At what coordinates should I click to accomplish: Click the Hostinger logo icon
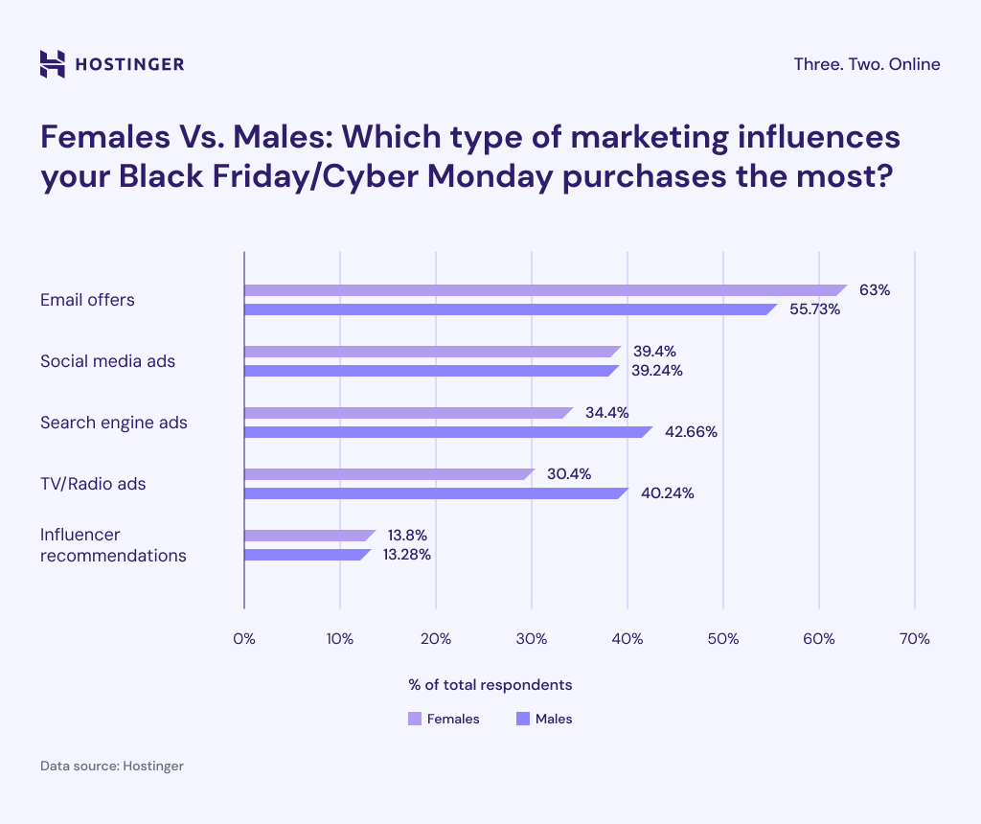[53, 64]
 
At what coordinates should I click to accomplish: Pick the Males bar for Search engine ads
[447, 432]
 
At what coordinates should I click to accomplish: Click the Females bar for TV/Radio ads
[388, 474]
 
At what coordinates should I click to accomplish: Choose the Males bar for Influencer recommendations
[307, 555]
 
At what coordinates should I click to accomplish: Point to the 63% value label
[875, 290]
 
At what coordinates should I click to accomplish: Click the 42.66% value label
[691, 432]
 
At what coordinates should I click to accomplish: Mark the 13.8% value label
[407, 535]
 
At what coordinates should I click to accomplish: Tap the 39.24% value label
[656, 371]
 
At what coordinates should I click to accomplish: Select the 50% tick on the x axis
[723, 639]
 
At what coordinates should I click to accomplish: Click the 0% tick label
[244, 639]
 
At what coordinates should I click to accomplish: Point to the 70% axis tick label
[915, 639]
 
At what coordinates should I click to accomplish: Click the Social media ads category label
[107, 361]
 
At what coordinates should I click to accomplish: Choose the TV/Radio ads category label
[93, 484]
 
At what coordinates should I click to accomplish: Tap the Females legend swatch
[415, 719]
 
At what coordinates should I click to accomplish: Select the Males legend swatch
[523, 719]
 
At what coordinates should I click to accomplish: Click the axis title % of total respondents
[490, 685]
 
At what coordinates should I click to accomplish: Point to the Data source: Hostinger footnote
[111, 767]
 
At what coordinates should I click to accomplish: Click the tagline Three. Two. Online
[867, 64]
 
